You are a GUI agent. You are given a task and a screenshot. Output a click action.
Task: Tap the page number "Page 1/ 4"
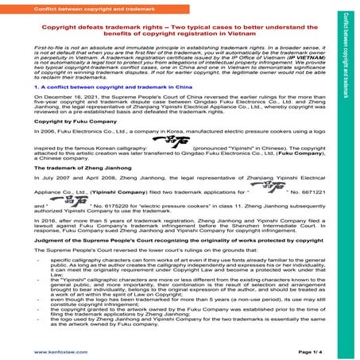point(311,350)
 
